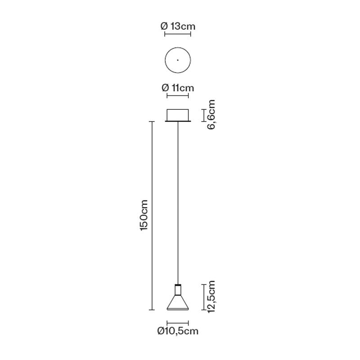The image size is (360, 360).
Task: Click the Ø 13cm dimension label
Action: point(178,27)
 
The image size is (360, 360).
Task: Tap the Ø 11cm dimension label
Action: point(178,88)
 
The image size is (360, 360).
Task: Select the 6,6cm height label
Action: point(211,114)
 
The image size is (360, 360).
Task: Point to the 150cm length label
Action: point(144,216)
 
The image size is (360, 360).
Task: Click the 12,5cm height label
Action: point(211,297)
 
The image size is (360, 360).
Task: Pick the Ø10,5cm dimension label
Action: point(178,331)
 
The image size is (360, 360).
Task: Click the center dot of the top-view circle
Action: point(178,60)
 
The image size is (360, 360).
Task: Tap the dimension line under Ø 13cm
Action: point(178,35)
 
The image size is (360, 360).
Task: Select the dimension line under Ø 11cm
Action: point(178,96)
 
